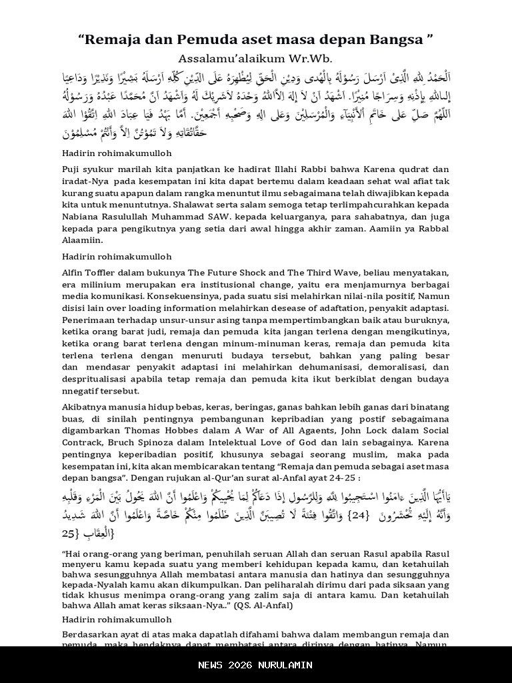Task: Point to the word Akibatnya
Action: [84, 407]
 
